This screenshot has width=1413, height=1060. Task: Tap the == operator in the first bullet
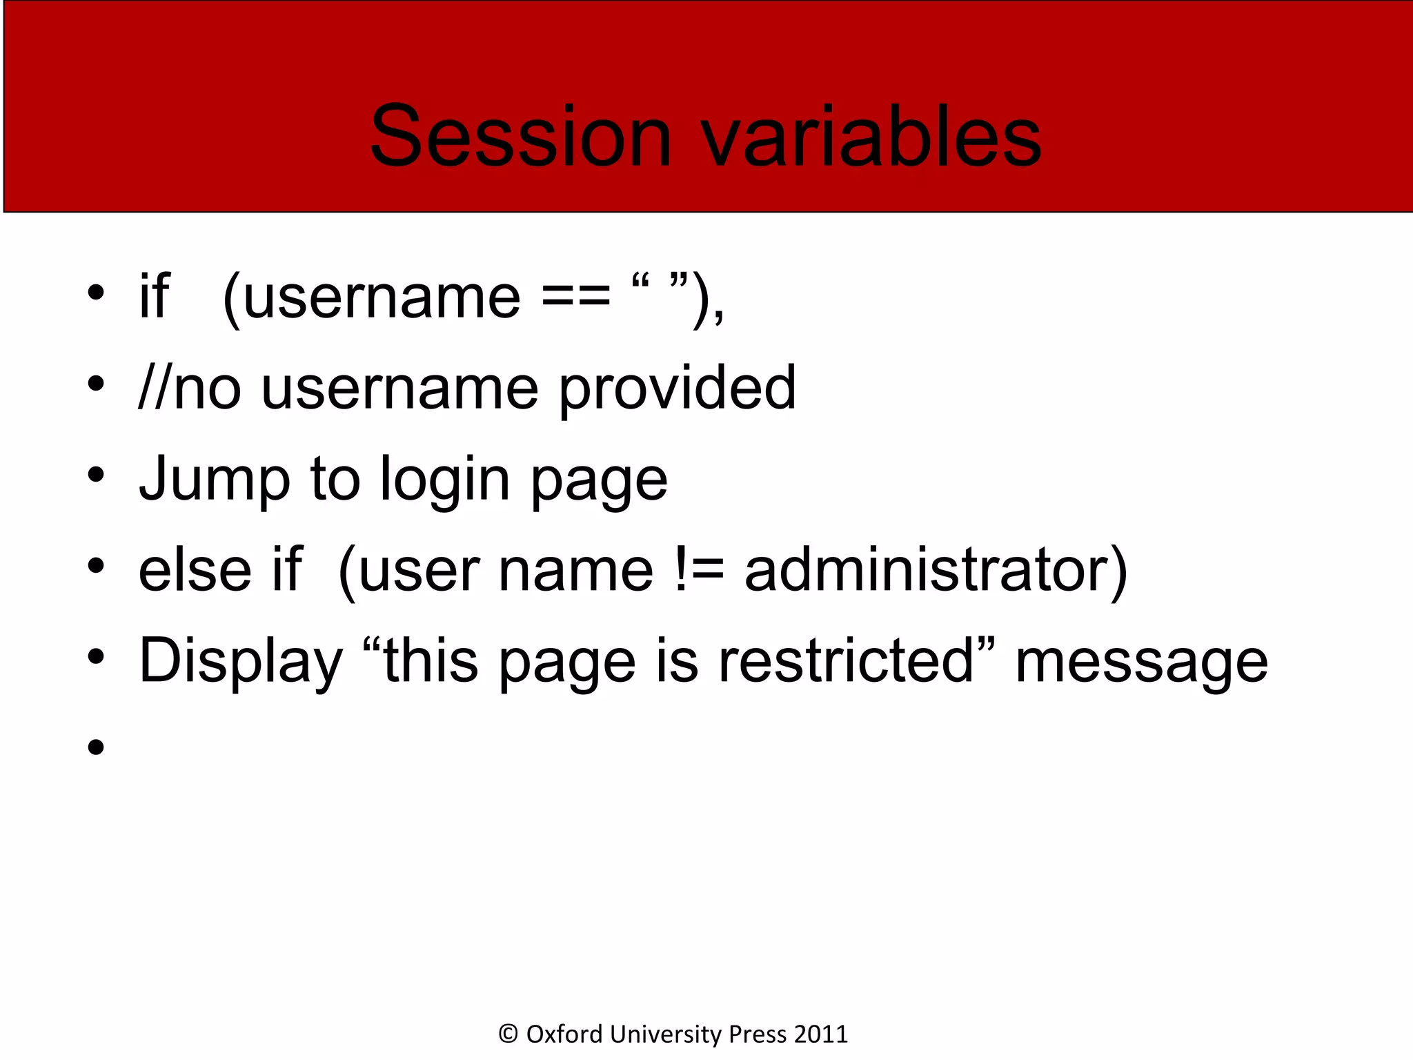pyautogui.click(x=576, y=297)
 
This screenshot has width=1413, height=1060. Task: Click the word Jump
pyautogui.click(x=215, y=480)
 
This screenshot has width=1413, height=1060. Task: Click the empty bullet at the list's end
pyautogui.click(x=96, y=747)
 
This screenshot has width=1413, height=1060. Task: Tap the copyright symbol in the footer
pyautogui.click(x=508, y=1034)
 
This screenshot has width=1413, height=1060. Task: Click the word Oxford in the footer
pyautogui.click(x=564, y=1034)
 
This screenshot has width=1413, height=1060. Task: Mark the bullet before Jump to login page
pyautogui.click(x=96, y=475)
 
